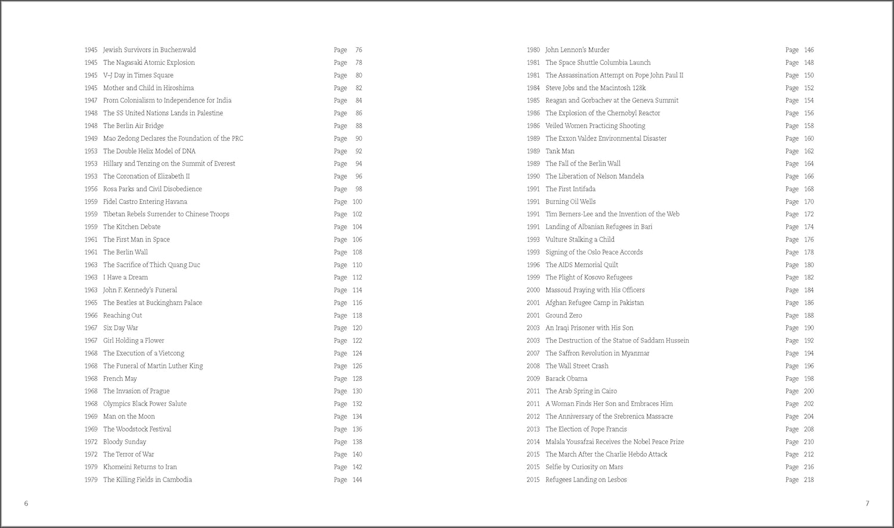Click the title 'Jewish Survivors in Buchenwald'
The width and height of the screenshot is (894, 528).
[x=149, y=50]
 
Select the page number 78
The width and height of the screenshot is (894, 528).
[x=359, y=63]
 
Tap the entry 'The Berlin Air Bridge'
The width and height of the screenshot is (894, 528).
[x=133, y=126]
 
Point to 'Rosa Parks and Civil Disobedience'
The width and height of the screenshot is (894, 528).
[x=152, y=189]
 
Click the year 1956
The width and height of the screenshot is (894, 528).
[x=91, y=189]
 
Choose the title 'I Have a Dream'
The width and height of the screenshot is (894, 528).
[x=125, y=277]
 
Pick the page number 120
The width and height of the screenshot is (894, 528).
[x=357, y=328]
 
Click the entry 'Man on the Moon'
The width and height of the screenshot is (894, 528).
[x=129, y=417]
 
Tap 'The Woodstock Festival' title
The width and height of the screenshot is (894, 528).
[x=137, y=429]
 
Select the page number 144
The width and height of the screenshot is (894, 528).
[x=357, y=480]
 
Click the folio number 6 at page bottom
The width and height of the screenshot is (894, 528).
[x=26, y=504]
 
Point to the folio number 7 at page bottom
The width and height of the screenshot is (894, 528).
[x=867, y=504]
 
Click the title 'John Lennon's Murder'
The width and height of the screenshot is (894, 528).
[x=577, y=50]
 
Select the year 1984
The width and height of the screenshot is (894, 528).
[x=533, y=88]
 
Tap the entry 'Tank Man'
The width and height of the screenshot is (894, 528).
[x=560, y=151]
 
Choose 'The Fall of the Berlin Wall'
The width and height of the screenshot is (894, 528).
[x=583, y=164]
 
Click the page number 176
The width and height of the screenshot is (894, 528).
[x=809, y=240]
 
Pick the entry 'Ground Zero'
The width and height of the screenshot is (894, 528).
[x=563, y=315]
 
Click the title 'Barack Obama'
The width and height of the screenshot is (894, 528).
[x=566, y=378]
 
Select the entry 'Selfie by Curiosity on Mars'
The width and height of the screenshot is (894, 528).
[x=584, y=467]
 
